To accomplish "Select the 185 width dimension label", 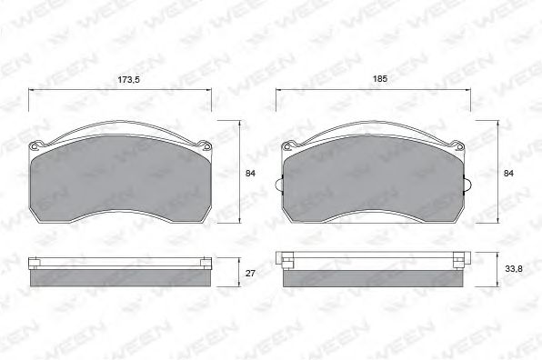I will [380, 80].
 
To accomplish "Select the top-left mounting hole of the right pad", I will [288, 145].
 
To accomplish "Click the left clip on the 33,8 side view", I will [288, 258].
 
